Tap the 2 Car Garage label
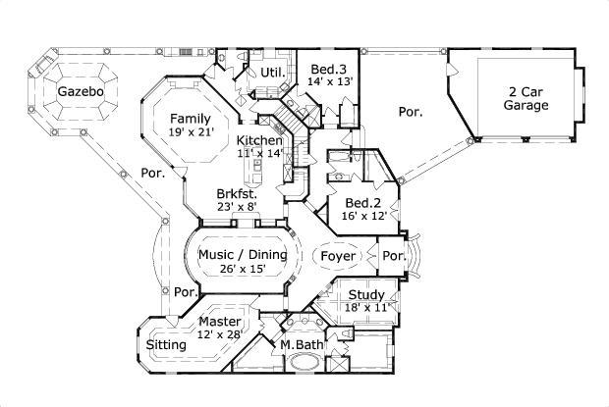[x=527, y=98]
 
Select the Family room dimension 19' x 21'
[x=190, y=131]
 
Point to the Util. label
[x=272, y=72]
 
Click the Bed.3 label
[x=328, y=69]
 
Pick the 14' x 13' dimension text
[x=329, y=82]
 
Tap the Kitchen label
[x=259, y=140]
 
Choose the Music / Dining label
[x=243, y=254]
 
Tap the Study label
[x=365, y=293]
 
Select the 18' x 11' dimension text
[x=367, y=308]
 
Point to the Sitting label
[x=166, y=345]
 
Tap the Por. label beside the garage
[x=411, y=112]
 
